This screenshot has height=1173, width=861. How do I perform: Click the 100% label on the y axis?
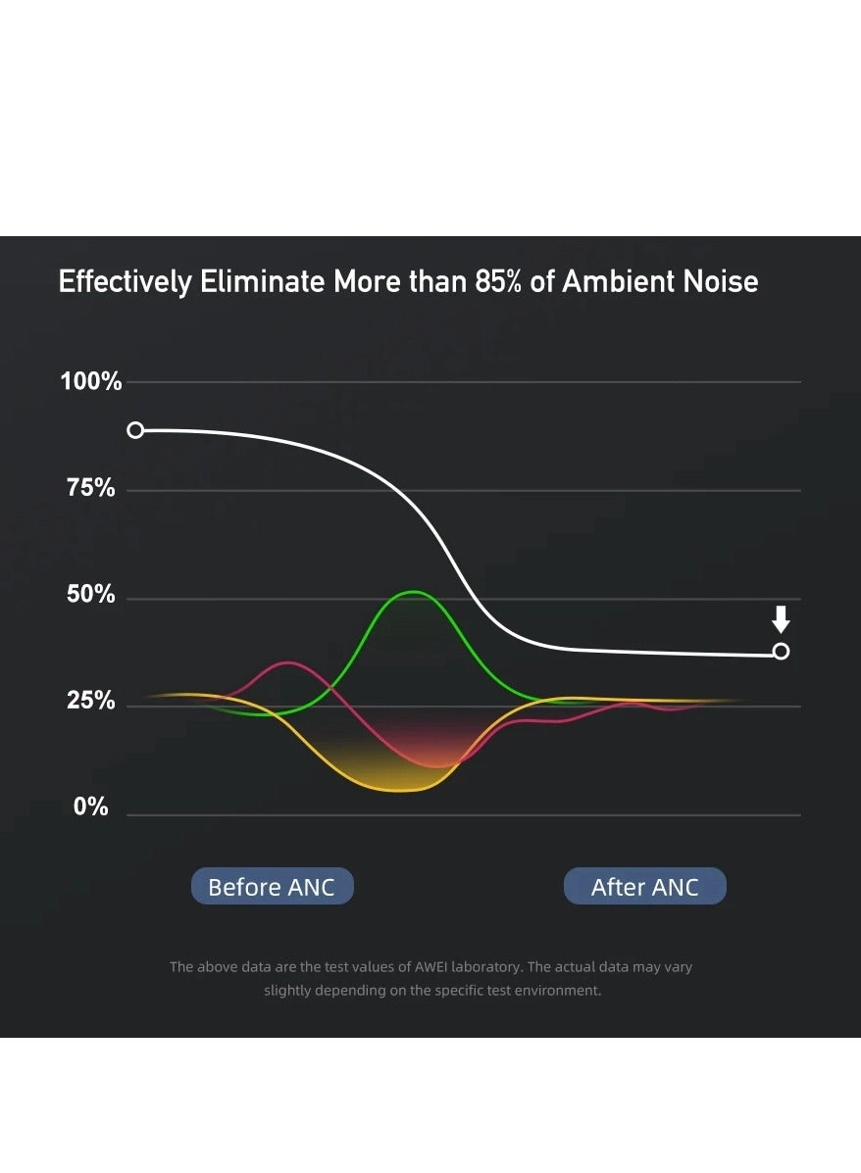[x=91, y=381]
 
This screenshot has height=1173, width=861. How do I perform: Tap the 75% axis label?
[x=91, y=488]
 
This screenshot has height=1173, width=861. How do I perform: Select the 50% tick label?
[x=91, y=595]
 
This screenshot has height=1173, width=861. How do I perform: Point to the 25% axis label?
[x=91, y=702]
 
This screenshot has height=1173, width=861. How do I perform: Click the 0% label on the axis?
[x=91, y=807]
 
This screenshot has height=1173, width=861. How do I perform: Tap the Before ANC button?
[x=272, y=887]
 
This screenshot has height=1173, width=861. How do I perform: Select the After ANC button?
[x=645, y=887]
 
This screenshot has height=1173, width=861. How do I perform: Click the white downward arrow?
[x=781, y=619]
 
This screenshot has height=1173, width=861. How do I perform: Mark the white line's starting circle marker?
[x=136, y=430]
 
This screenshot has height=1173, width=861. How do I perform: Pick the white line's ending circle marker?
[x=781, y=652]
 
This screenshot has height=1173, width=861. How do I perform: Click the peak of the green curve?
[x=415, y=592]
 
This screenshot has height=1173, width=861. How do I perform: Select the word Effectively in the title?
[x=126, y=282]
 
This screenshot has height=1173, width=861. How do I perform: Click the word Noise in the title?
[x=724, y=282]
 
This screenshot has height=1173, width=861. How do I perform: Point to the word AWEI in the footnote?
[x=399, y=967]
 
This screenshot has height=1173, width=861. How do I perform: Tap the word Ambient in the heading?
[x=619, y=282]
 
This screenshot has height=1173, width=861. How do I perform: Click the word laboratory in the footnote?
[x=479, y=967]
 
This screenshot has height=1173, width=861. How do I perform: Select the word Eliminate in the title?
[x=263, y=282]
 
